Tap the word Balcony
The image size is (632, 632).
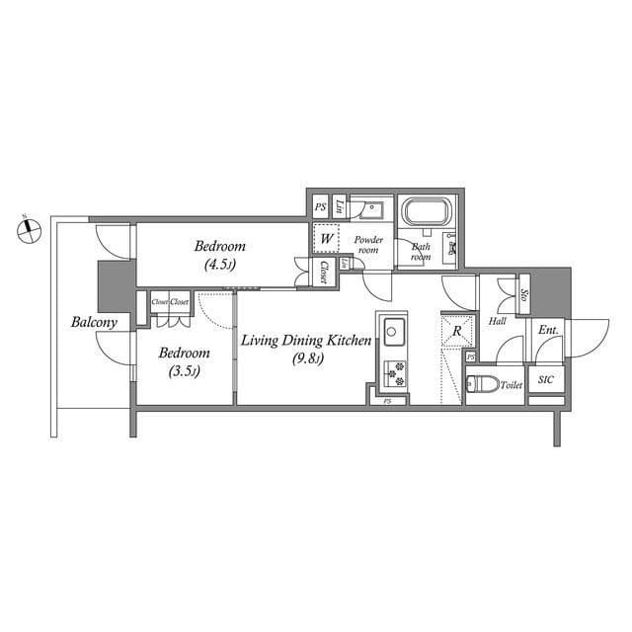(95, 322)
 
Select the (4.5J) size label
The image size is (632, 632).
(220, 265)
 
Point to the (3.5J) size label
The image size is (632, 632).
(183, 371)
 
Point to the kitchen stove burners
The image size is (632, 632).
(393, 372)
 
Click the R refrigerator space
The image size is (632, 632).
(456, 330)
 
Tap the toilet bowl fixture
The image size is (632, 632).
(478, 384)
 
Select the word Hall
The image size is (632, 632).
(498, 322)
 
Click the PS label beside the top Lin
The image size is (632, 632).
(320, 207)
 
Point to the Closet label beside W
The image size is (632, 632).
(324, 272)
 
